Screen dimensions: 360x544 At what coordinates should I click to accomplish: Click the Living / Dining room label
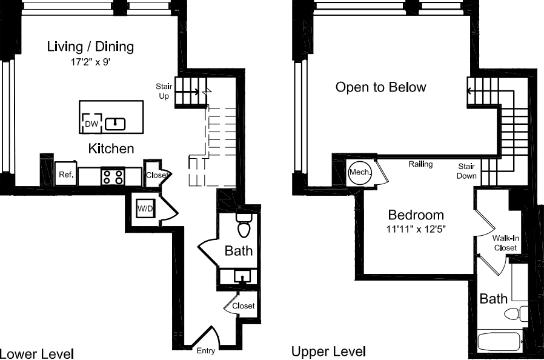click(90, 47)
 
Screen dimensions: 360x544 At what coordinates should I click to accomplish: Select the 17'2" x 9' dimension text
click(90, 61)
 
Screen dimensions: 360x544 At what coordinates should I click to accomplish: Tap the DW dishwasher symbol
click(91, 124)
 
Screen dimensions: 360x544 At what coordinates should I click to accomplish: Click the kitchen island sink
click(115, 124)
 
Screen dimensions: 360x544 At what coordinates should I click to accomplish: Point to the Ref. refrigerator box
click(65, 175)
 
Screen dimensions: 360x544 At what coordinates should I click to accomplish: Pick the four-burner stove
click(113, 176)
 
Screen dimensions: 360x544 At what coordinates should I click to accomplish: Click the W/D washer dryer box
click(145, 209)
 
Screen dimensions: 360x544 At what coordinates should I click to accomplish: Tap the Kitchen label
click(111, 148)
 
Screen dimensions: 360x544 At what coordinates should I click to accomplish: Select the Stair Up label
click(163, 92)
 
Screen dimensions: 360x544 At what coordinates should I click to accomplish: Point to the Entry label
click(205, 351)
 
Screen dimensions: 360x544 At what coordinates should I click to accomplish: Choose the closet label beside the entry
click(243, 306)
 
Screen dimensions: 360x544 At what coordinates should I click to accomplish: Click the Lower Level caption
click(36, 353)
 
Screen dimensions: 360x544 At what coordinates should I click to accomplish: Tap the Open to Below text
click(380, 87)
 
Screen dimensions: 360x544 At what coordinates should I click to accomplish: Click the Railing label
click(420, 164)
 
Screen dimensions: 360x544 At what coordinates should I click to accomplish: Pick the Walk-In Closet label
click(505, 243)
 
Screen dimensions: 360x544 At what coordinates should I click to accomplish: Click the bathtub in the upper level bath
click(501, 341)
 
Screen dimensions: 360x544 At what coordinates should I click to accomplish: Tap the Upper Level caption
click(328, 352)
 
